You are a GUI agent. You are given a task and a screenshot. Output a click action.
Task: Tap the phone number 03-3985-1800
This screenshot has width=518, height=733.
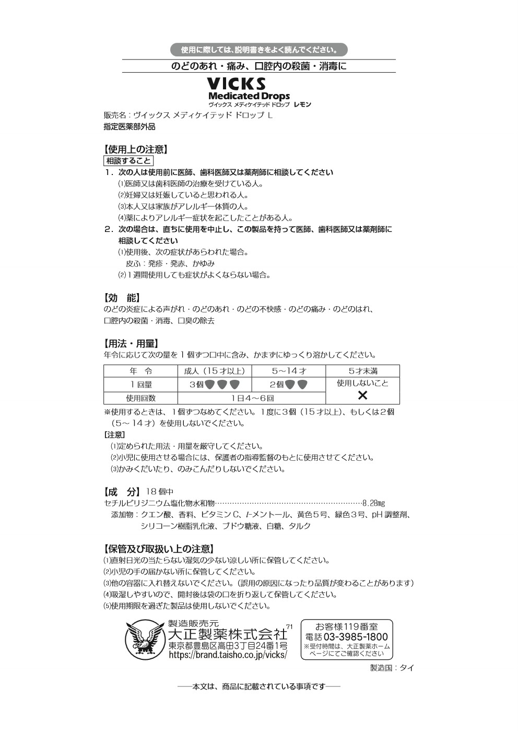pyautogui.click(x=356, y=637)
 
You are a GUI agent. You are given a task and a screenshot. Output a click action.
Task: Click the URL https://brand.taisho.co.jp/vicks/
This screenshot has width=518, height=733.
pyautogui.click(x=228, y=655)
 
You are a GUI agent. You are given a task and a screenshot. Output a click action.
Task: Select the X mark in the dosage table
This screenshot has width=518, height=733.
pyautogui.click(x=362, y=395)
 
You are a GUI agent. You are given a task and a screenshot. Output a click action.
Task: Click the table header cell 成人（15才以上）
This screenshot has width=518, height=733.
pyautogui.click(x=215, y=371)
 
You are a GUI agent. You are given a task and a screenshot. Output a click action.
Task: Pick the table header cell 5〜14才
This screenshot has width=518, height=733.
pyautogui.click(x=289, y=371)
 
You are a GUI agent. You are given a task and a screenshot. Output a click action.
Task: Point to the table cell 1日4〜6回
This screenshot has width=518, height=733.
pyautogui.click(x=252, y=398)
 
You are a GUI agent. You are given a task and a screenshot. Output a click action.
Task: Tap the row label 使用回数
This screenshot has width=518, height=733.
pyautogui.click(x=140, y=398)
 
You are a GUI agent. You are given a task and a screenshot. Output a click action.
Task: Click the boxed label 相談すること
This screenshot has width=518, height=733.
pyautogui.click(x=128, y=161)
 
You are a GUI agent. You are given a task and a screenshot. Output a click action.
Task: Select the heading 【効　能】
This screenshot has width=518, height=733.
pyautogui.click(x=123, y=298)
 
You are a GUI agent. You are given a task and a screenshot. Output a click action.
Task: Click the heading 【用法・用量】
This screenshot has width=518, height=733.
pyautogui.click(x=131, y=343)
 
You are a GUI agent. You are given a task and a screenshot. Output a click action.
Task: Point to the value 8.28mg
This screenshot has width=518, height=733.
pyautogui.click(x=373, y=503)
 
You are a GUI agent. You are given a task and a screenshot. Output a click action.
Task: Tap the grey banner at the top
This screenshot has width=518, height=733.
pyautogui.click(x=259, y=50)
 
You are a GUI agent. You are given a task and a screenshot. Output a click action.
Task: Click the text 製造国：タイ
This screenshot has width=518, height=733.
pyautogui.click(x=392, y=668)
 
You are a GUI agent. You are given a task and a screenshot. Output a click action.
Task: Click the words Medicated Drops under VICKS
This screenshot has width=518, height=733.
pyautogui.click(x=249, y=96)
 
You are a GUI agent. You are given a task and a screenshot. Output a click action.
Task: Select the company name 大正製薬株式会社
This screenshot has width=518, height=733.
pyautogui.click(x=228, y=634)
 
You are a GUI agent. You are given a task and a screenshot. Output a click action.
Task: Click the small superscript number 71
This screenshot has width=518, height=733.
pyautogui.click(x=290, y=626)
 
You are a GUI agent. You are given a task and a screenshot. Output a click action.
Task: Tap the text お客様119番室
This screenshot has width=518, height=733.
pyautogui.click(x=347, y=626)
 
